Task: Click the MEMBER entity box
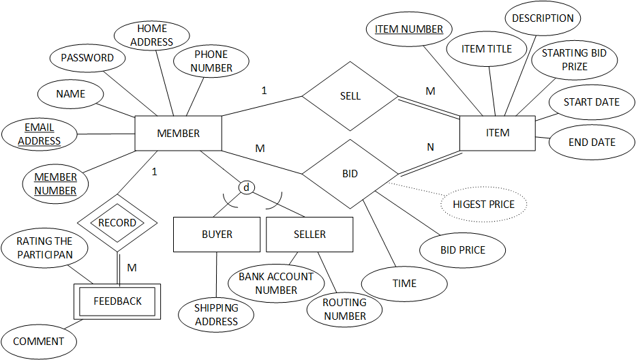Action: (x=178, y=133)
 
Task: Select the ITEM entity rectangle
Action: (x=498, y=133)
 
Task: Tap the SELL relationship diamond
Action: (x=350, y=96)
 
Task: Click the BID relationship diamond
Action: (x=350, y=174)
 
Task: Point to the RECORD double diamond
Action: (x=117, y=223)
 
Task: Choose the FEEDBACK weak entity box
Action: (x=117, y=301)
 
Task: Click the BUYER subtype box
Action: (x=217, y=235)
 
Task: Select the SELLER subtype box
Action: (x=309, y=235)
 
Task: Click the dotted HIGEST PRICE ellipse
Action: (x=483, y=204)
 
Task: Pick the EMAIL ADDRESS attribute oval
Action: (x=39, y=134)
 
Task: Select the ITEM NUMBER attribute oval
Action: (x=409, y=29)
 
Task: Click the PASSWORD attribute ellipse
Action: (x=87, y=58)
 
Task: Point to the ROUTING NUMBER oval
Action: (x=344, y=309)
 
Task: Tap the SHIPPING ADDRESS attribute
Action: (x=216, y=315)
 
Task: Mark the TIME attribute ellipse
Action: (x=404, y=284)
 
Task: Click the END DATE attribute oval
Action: (x=592, y=142)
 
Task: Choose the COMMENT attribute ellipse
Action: (x=39, y=342)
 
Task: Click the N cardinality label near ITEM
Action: (x=430, y=147)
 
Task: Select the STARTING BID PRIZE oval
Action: (x=574, y=60)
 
